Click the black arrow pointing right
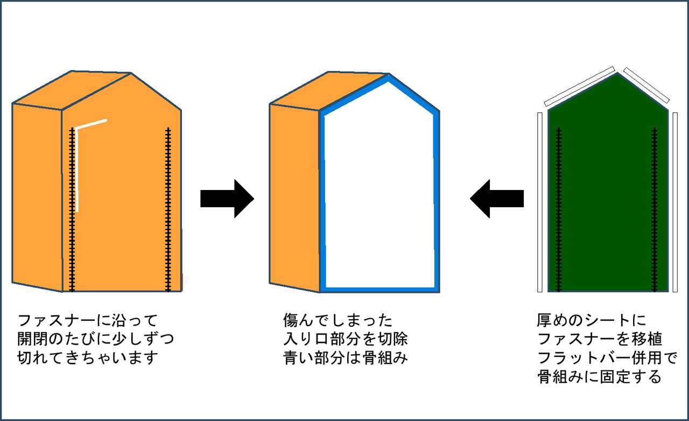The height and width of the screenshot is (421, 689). coord(226,199)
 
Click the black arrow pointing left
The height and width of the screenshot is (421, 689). coord(496,199)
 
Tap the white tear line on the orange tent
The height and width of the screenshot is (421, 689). coord(78,167)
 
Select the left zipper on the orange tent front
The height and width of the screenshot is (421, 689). coord(72,210)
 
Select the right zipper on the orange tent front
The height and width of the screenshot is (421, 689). coord(168,210)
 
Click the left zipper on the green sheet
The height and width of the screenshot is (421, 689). coord(559,210)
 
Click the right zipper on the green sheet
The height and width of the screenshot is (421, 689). coord(655,210)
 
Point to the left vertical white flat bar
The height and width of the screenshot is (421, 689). coord(540,202)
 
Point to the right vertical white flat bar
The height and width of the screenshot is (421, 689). coord(675,202)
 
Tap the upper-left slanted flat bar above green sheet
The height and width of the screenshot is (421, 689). coord(579,86)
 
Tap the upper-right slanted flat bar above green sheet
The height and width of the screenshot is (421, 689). coord(646,85)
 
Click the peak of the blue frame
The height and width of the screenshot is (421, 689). coord(388,79)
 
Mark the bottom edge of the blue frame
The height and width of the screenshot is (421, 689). coord(379,289)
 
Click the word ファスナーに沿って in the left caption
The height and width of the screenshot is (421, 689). coord(87,321)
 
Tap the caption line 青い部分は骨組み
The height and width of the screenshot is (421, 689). coord(345,358)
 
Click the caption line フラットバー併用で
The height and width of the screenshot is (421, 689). coord(607,358)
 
